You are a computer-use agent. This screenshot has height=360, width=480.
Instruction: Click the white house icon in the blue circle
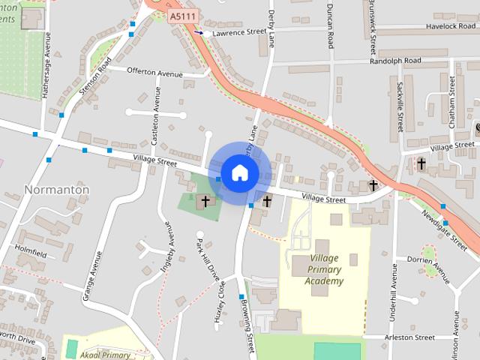pos(239,172)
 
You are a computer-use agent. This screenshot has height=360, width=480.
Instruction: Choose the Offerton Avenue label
pos(155,73)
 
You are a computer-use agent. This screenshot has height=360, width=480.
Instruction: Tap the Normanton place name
pos(57,190)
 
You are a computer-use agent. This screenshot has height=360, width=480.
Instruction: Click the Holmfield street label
pos(30,255)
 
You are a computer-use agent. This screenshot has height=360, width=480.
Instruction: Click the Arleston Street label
pos(409,337)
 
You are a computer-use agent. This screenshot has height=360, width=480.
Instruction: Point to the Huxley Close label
pos(220,301)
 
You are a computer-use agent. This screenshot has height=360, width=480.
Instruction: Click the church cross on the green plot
pos(205,202)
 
